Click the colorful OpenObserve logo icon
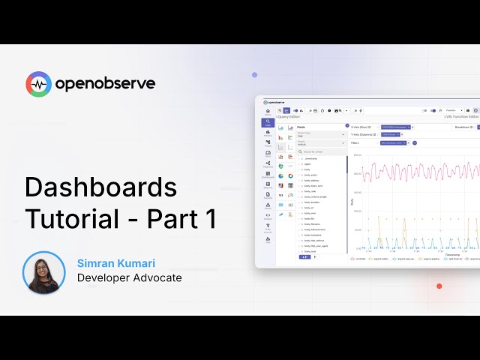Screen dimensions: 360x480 (x=38, y=84)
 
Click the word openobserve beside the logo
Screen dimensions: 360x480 (x=104, y=84)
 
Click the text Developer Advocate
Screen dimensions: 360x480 (x=129, y=278)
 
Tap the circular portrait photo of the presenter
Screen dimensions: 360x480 (x=44, y=272)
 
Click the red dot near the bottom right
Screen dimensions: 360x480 (x=439, y=286)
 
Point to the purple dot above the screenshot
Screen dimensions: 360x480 (x=255, y=75)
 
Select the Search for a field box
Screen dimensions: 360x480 (x=321, y=151)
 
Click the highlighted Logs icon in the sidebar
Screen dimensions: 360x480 (x=268, y=122)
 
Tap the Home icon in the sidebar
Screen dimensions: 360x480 (x=268, y=112)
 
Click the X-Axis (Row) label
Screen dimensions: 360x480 (x=361, y=127)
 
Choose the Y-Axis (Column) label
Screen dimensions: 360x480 (x=364, y=134)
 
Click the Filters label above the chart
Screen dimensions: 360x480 (x=355, y=142)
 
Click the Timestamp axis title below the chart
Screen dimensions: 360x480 (x=451, y=254)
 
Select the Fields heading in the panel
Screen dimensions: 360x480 (x=301, y=127)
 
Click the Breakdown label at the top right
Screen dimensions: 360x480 (x=463, y=127)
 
